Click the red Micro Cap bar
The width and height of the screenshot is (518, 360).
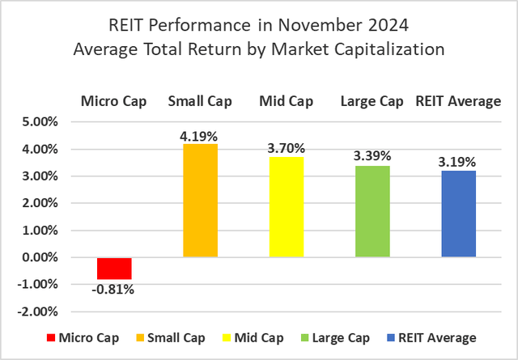pos(114,268)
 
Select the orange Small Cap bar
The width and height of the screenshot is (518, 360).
pos(200,201)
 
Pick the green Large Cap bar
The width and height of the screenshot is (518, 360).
pos(372,211)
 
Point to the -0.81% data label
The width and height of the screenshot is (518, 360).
pos(114,289)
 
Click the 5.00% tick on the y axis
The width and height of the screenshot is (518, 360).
pos(40,122)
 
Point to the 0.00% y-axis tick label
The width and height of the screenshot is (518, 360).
pos(40,257)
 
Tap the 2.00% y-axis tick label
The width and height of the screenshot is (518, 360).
pos(40,203)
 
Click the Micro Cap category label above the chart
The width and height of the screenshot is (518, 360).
pos(114,101)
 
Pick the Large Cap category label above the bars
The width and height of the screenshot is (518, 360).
pos(372,101)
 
